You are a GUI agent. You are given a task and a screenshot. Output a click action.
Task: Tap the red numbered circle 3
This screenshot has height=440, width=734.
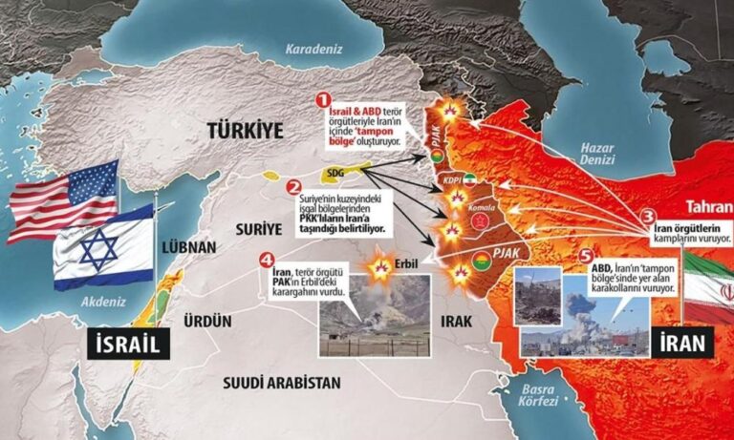[647, 218]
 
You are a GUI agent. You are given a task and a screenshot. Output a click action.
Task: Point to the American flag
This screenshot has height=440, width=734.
[60, 200]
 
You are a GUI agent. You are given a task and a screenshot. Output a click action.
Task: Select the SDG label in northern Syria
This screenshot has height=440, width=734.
[335, 172]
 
